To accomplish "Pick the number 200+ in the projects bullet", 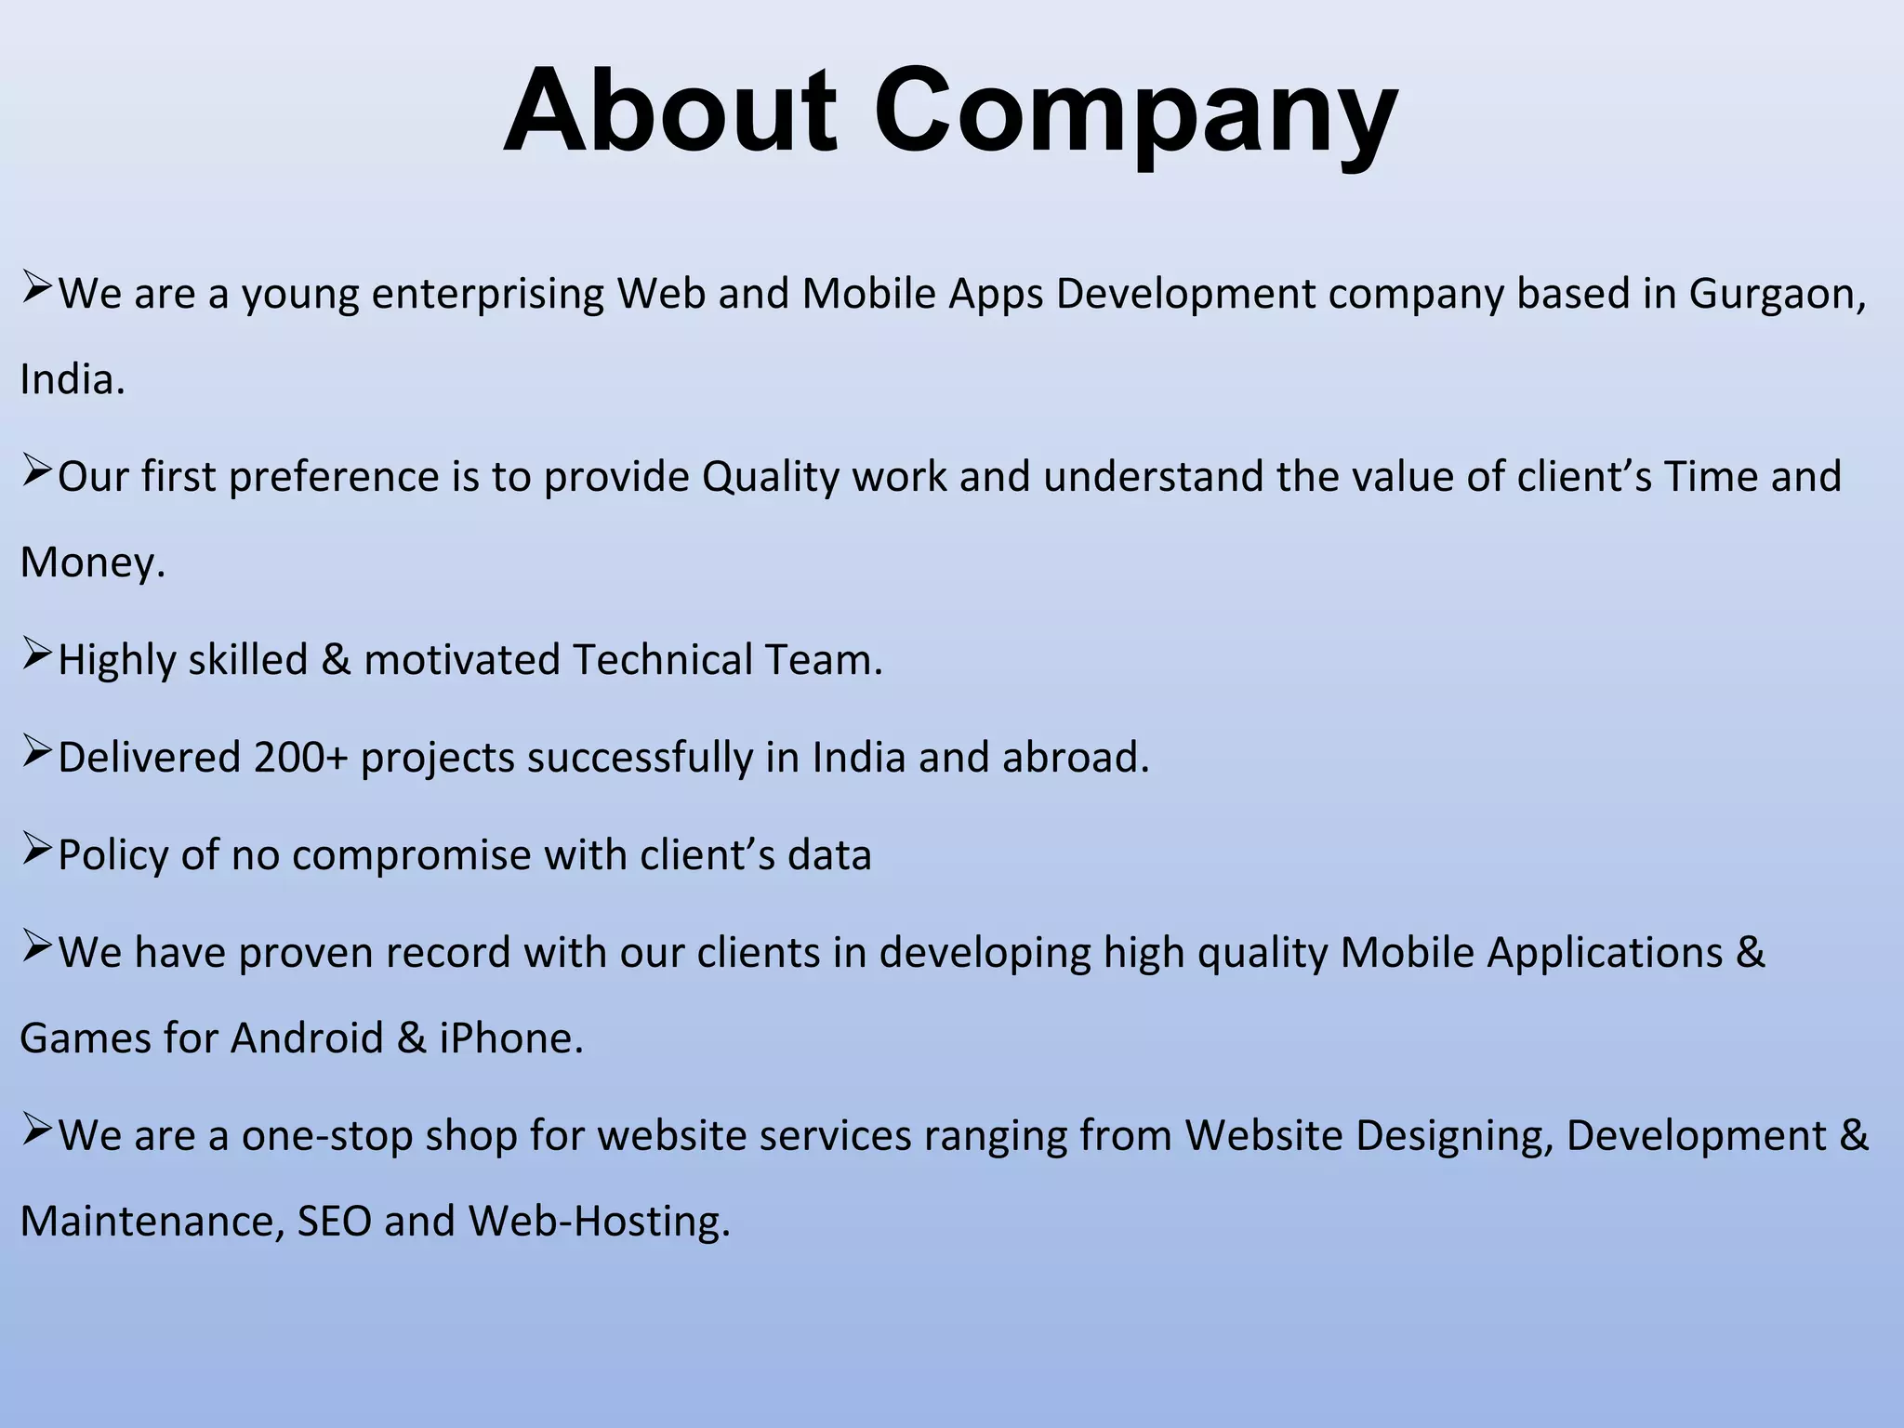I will coord(299,758).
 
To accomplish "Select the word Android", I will coord(307,1038).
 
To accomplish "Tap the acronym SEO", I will coord(334,1222).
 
